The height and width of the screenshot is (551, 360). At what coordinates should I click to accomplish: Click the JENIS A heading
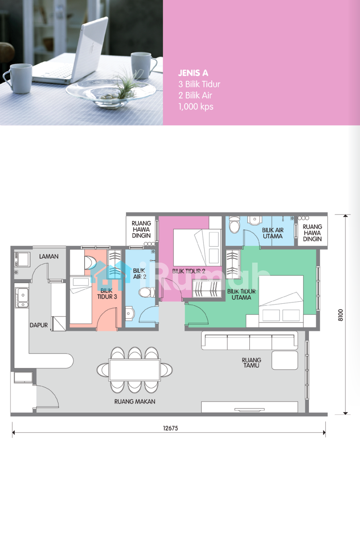(x=193, y=73)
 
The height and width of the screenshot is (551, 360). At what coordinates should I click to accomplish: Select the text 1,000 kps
(x=196, y=107)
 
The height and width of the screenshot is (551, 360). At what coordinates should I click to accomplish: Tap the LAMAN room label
(x=49, y=256)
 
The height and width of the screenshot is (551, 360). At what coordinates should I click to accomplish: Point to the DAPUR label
(x=39, y=325)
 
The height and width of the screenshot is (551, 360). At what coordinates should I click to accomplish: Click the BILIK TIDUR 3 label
(x=107, y=294)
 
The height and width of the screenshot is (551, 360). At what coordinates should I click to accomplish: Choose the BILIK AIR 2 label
(x=139, y=274)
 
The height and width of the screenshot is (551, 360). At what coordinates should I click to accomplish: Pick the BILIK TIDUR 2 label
(x=188, y=271)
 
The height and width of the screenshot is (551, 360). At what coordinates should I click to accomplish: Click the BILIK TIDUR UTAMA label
(x=241, y=294)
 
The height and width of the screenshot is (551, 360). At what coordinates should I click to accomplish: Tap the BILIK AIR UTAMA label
(x=273, y=233)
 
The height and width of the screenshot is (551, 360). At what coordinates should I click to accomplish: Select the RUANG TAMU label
(x=251, y=363)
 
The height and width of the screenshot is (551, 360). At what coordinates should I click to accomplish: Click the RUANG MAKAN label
(x=135, y=402)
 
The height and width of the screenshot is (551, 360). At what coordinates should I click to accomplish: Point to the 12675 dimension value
(x=170, y=428)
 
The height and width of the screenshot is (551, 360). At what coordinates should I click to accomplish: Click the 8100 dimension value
(x=341, y=315)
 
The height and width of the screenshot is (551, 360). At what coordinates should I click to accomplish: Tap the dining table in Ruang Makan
(x=135, y=370)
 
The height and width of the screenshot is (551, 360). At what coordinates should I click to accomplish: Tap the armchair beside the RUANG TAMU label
(x=285, y=360)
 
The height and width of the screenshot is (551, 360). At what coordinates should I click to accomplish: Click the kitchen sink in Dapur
(x=22, y=298)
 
